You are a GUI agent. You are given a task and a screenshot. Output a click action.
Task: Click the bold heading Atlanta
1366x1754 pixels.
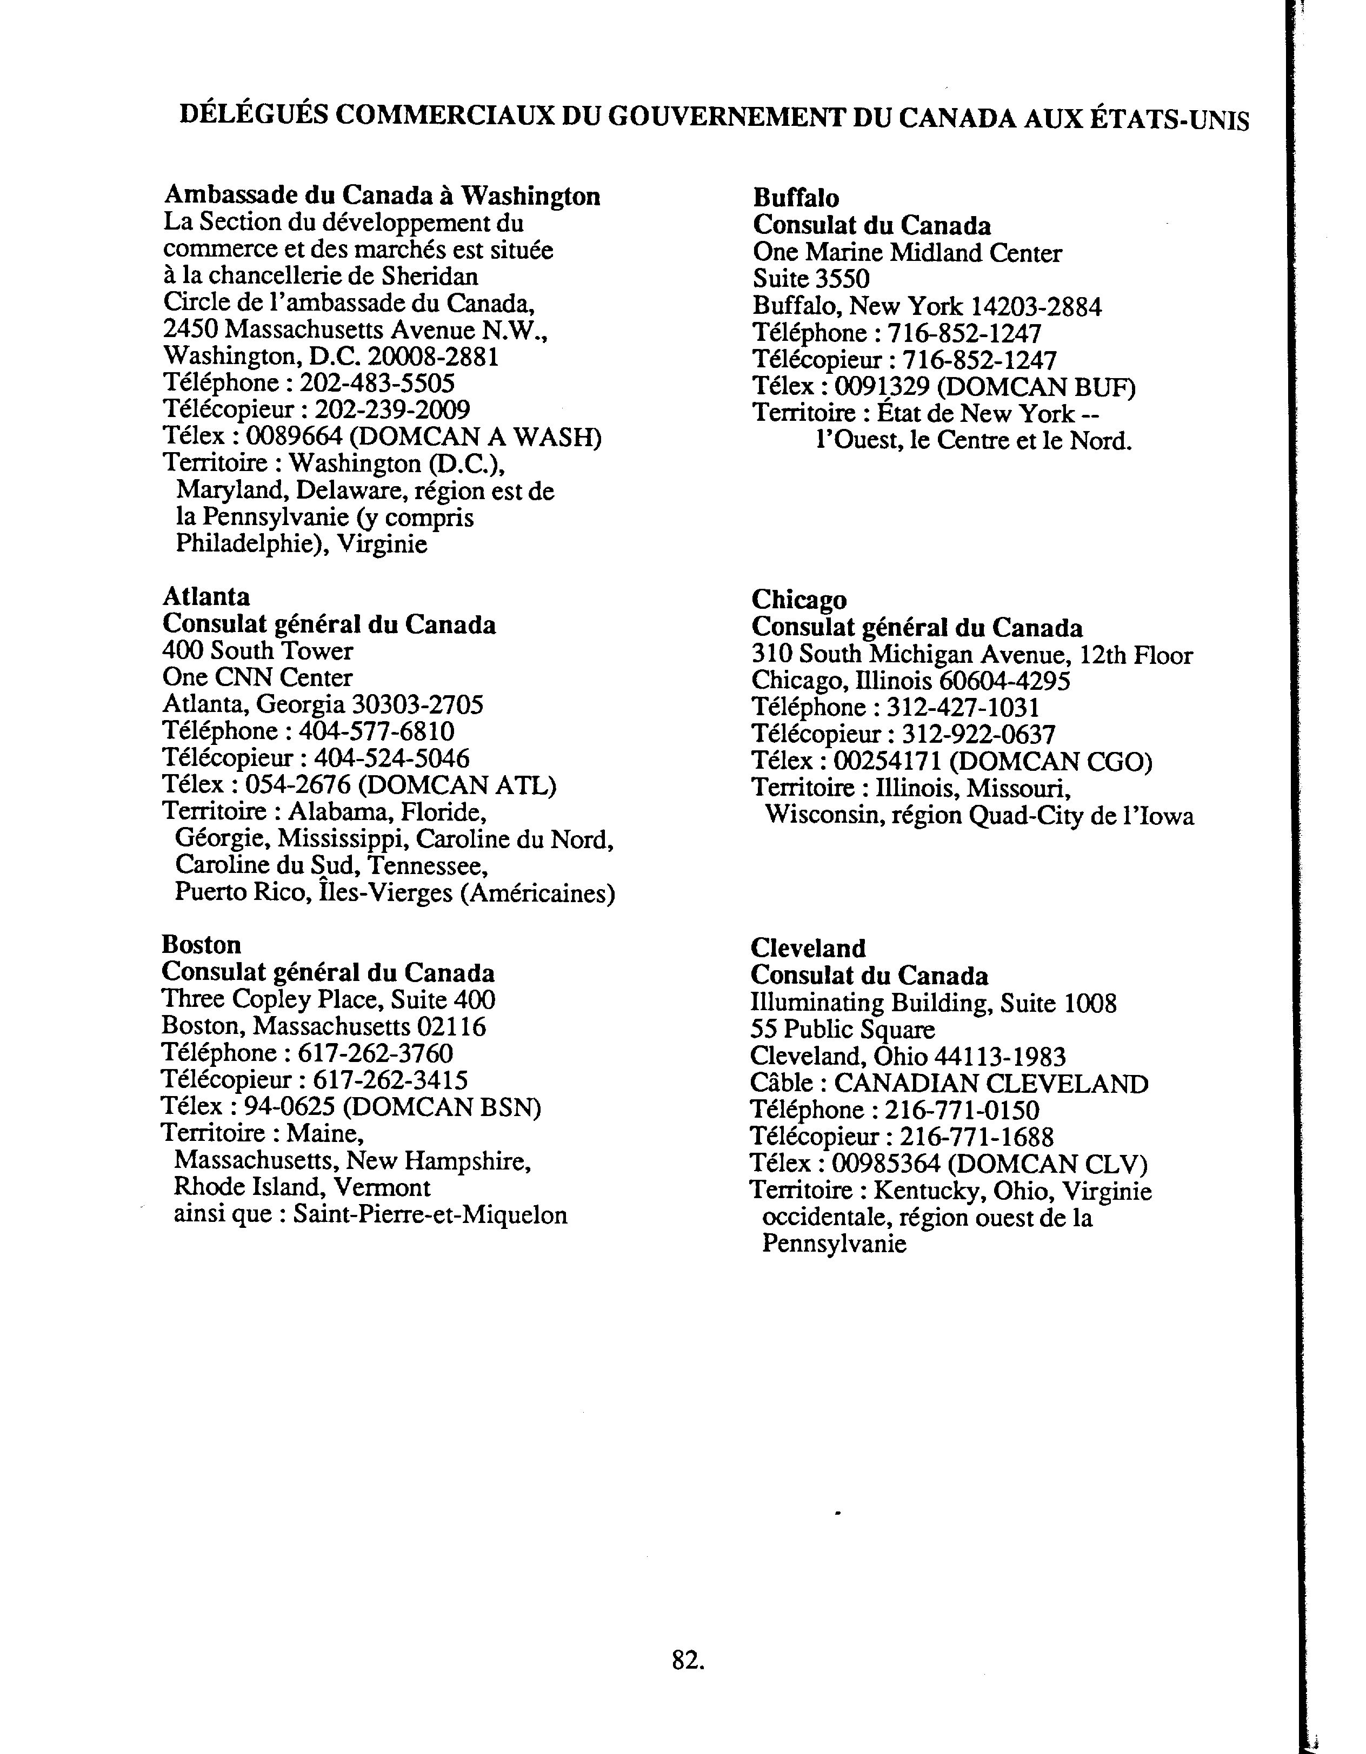coord(206,597)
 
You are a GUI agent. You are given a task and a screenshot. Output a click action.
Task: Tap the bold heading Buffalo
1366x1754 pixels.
coord(796,198)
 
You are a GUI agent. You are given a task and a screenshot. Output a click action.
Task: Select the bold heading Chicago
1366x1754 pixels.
coord(799,600)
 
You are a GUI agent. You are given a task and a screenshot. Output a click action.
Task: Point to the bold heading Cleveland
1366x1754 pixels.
coord(808,949)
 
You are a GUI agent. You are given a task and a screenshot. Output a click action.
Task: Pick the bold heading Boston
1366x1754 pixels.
coord(201,944)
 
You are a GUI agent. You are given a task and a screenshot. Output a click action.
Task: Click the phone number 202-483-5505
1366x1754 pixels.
coord(377,382)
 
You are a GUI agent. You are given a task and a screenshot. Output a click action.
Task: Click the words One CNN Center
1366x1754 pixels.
coord(257,678)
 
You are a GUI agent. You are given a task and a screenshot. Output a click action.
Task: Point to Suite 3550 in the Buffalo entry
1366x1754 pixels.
coord(811,279)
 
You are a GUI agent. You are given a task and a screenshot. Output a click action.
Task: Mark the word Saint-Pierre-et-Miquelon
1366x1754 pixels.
coord(430,1215)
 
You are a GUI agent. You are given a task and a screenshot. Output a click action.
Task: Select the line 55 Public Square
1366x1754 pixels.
coord(842,1030)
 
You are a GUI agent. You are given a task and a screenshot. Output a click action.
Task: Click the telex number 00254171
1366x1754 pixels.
coord(887,761)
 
